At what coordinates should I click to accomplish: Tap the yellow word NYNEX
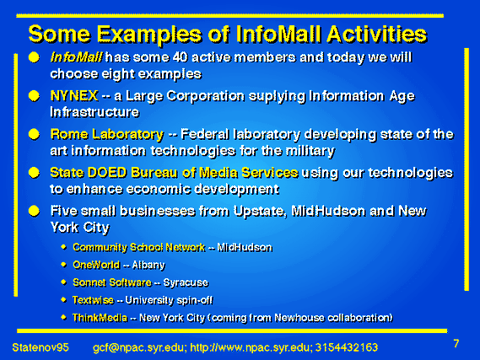[x=74, y=96]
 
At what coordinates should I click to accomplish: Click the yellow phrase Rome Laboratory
[x=107, y=134]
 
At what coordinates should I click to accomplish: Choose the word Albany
[x=148, y=265]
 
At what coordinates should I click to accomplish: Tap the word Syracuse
[x=186, y=282]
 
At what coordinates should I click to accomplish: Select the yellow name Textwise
[x=93, y=300]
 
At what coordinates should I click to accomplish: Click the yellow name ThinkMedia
[x=100, y=318]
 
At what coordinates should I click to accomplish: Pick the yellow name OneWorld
[x=96, y=265]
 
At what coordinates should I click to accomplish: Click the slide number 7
[x=456, y=343]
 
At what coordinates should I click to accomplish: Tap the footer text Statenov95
[x=40, y=347]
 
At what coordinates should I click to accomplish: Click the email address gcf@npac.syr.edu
[x=138, y=347]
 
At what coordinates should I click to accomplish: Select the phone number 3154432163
[x=347, y=347]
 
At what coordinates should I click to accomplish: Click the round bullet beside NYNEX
[x=34, y=96]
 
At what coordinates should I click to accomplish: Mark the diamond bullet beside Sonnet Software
[x=63, y=282]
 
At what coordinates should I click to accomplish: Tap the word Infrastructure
[x=94, y=112]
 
